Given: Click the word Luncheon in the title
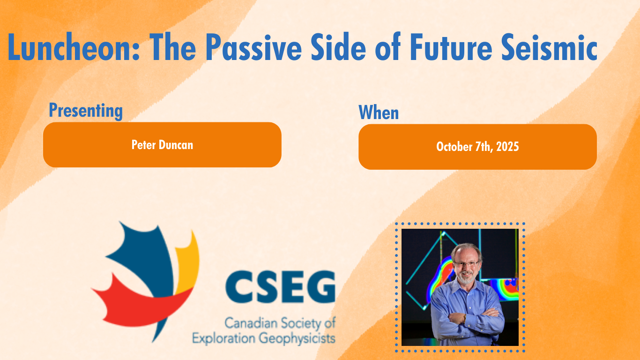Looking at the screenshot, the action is click(73, 47).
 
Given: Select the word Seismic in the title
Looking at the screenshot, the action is click(549, 47).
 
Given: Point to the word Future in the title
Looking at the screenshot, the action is click(451, 47).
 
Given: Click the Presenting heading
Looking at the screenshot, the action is click(86, 111).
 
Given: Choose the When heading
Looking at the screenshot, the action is click(379, 112).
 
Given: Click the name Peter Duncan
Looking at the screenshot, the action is click(162, 145).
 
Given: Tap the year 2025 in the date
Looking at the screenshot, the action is click(507, 147).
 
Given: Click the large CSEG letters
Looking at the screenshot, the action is click(280, 286).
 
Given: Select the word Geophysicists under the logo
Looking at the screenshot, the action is click(297, 338).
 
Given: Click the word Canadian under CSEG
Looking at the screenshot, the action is click(251, 323).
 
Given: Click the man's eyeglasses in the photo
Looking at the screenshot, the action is click(466, 263).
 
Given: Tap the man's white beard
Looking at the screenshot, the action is click(466, 278).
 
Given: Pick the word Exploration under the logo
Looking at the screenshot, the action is click(223, 338).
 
